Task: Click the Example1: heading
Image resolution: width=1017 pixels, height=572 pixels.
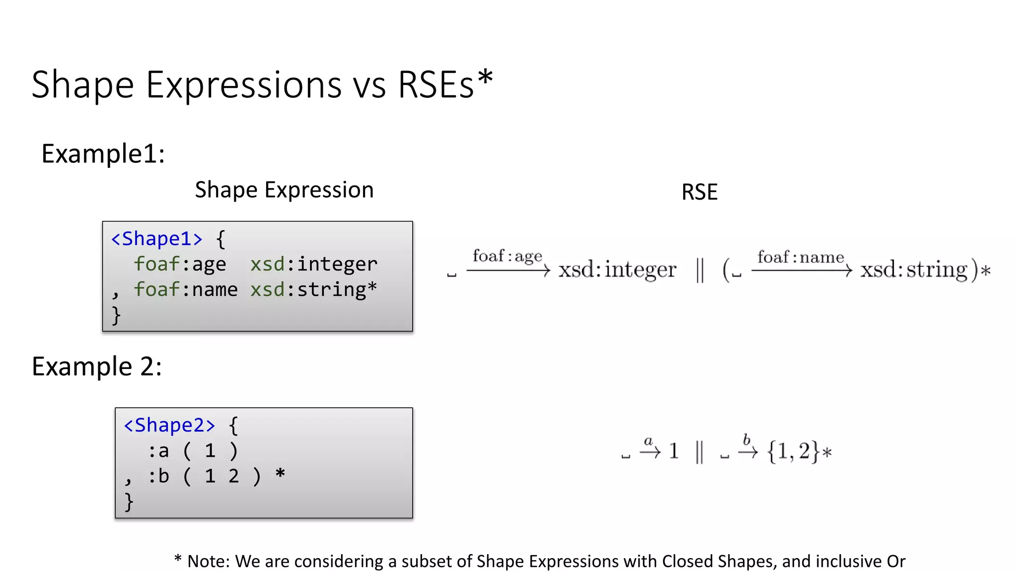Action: [x=103, y=153]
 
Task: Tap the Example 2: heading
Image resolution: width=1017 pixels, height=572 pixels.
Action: [x=97, y=366]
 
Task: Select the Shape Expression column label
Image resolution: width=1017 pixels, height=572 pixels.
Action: [x=284, y=190]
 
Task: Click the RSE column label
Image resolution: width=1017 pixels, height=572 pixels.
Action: [x=699, y=192]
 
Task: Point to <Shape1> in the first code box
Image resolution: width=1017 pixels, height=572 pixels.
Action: [x=157, y=239]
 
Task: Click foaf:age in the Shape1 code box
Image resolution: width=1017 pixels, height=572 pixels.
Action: [x=180, y=264]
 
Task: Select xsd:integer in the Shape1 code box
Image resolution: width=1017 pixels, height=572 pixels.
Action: [x=313, y=264]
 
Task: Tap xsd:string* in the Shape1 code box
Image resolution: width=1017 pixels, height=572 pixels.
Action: [x=313, y=289]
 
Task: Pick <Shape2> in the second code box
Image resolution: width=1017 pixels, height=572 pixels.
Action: [x=169, y=426]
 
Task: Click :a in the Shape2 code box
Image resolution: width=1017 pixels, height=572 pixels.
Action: [x=159, y=451]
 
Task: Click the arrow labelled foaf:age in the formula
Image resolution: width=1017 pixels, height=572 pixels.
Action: [x=508, y=270]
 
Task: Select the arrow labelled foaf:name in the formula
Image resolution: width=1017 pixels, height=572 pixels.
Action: [x=801, y=270]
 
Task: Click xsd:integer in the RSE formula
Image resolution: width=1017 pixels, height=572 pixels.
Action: [x=617, y=270]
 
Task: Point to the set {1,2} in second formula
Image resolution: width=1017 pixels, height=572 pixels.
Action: [x=794, y=451]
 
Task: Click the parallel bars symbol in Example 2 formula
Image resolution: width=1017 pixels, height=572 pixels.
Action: [x=699, y=452]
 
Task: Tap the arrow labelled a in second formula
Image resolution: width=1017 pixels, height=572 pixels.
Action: [x=650, y=451]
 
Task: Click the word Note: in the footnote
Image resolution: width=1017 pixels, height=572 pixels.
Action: [x=209, y=561]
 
